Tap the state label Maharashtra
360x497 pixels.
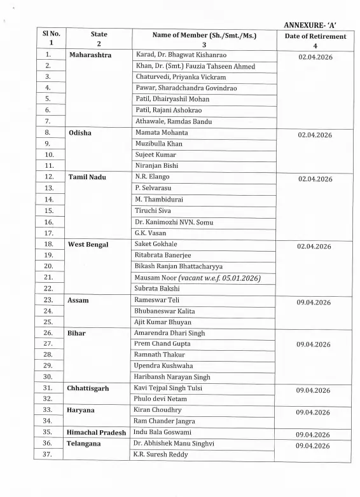90,55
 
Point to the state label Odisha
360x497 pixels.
81,133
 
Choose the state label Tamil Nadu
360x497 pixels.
88,177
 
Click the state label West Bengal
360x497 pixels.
88,244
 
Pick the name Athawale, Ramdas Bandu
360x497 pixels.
172,121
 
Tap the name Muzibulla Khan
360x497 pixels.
158,144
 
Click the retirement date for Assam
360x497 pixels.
314,303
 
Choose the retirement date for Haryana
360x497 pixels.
314,412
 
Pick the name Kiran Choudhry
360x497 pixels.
159,410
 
